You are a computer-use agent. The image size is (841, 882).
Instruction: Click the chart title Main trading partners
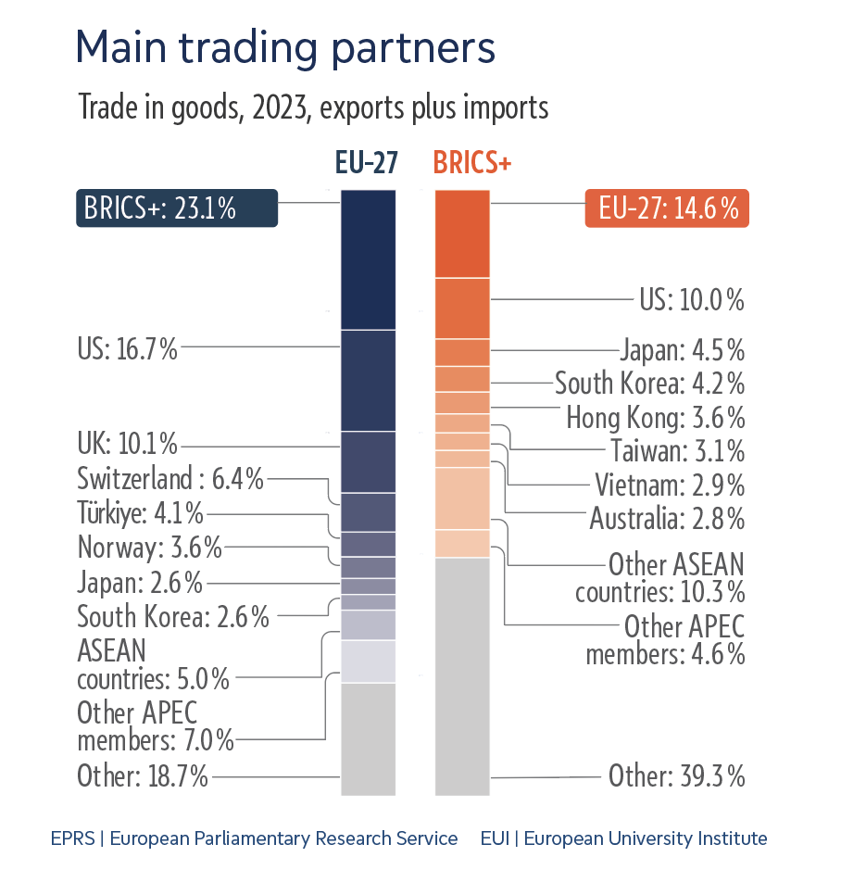[x=285, y=47]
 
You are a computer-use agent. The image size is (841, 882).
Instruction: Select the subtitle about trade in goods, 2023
[x=313, y=107]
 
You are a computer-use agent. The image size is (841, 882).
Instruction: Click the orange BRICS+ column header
[x=472, y=164]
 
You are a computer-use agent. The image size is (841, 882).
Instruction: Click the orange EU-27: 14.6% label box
[x=667, y=208]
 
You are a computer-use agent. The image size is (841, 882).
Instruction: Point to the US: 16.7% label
[x=127, y=348]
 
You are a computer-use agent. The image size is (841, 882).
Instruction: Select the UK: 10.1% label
[x=127, y=444]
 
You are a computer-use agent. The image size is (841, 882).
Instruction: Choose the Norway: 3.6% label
[x=149, y=548]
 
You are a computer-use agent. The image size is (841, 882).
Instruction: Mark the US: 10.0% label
[x=691, y=300]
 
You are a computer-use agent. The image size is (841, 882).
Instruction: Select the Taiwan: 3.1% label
[x=677, y=451]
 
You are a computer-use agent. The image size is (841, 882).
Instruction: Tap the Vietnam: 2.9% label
[x=669, y=485]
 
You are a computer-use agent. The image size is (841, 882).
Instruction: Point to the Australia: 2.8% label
[x=667, y=519]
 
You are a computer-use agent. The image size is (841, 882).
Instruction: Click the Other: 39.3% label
[x=676, y=775]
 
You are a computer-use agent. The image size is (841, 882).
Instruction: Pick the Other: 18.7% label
[x=142, y=775]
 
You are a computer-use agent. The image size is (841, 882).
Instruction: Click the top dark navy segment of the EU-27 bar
[x=369, y=259]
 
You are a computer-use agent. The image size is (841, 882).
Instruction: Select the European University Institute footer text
[x=623, y=838]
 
